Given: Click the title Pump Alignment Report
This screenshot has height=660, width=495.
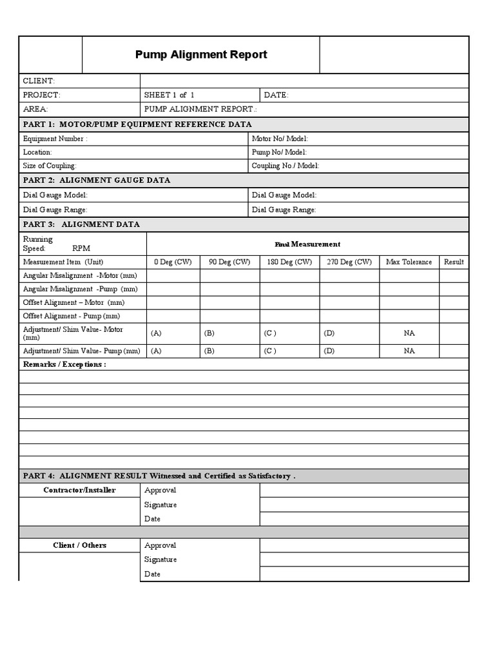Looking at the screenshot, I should point(201,55).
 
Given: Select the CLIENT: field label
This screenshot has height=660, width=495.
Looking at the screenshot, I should point(39,81).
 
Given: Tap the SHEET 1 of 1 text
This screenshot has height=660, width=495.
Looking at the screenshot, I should point(170,95).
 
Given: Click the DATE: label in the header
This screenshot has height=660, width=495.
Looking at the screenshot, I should point(276,95).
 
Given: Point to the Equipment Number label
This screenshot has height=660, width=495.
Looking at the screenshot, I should point(55,139).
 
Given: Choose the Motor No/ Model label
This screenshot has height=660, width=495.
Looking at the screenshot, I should point(280,139).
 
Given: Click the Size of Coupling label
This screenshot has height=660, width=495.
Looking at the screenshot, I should point(50,166).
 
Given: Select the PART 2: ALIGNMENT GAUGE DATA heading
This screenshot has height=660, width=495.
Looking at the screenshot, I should point(97,180).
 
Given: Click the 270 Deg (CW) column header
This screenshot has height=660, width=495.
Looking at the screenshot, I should point(349,262).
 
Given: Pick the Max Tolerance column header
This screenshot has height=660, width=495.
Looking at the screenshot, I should point(409,262).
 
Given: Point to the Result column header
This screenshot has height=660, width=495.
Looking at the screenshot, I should point(454,262).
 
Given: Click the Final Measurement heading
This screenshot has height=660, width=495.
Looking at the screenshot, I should point(307,244).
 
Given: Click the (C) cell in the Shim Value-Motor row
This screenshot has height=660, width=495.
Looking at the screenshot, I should point(270,333).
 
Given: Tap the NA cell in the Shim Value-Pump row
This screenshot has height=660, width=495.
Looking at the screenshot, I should point(409,351).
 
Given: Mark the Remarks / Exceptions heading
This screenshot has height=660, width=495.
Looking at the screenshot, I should point(64,364).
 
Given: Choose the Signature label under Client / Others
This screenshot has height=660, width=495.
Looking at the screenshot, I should point(160,559).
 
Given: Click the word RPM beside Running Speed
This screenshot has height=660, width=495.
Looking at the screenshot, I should point(81,248).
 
